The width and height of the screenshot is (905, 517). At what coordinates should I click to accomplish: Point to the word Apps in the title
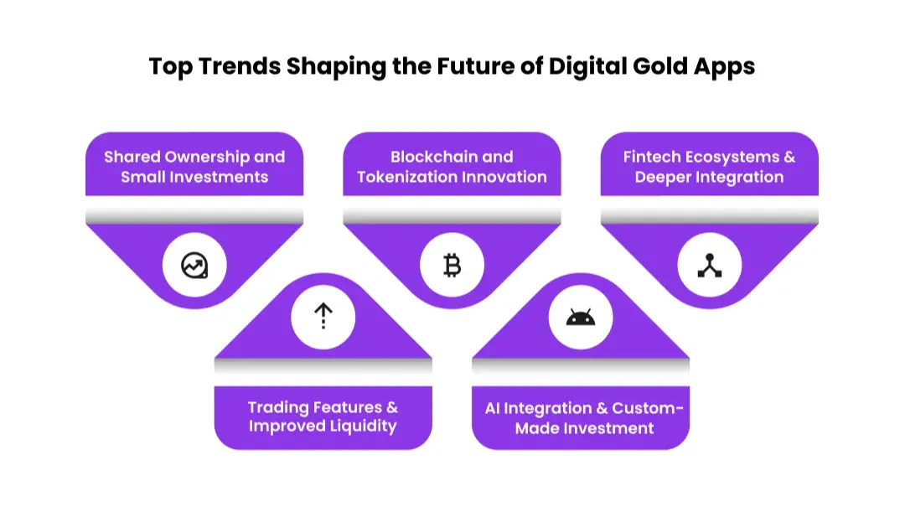tap(725, 67)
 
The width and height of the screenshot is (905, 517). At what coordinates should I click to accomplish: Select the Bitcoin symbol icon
tap(452, 266)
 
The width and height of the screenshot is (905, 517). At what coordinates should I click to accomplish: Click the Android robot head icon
tap(581, 318)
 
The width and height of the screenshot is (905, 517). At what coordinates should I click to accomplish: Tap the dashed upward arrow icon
tap(323, 317)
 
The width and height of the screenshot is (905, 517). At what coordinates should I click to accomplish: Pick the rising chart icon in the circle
tap(194, 266)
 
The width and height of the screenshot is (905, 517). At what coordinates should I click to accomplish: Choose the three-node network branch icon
tap(710, 266)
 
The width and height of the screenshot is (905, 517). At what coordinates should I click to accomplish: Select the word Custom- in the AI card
tap(648, 408)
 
